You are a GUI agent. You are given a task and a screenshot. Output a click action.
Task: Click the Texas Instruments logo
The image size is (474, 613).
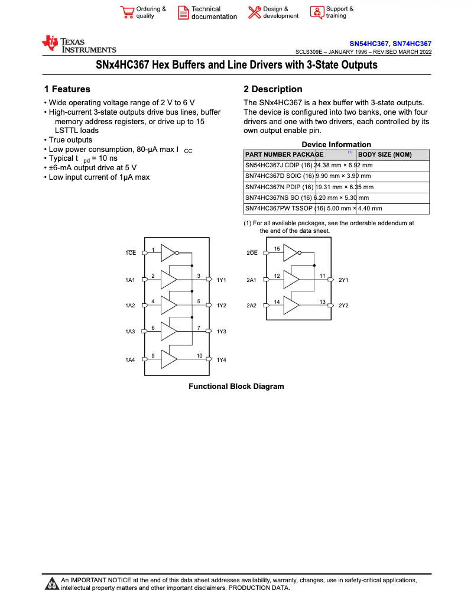pyautogui.click(x=79, y=44)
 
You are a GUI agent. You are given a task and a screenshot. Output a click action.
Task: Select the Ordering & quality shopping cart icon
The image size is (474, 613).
pyautogui.click(x=126, y=12)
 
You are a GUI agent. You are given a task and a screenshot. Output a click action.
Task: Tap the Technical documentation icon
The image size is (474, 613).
pyautogui.click(x=183, y=12)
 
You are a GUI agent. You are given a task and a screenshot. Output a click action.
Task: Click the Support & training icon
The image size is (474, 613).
pyautogui.click(x=317, y=12)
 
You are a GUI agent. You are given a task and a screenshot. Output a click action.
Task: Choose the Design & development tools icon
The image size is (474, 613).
pyautogui.click(x=254, y=12)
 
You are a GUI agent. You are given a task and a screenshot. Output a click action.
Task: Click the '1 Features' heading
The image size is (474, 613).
pyautogui.click(x=67, y=89)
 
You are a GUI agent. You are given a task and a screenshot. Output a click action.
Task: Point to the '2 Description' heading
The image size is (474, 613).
pyautogui.click(x=272, y=89)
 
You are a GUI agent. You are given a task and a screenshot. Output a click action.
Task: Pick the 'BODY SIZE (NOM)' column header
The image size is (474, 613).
pyautogui.click(x=385, y=155)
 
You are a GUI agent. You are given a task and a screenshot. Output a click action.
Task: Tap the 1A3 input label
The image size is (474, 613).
pyautogui.click(x=130, y=332)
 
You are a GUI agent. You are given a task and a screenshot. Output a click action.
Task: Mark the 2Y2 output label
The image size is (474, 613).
pyautogui.click(x=343, y=306)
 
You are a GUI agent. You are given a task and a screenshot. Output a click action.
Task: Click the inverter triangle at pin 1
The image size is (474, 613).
pyautogui.click(x=168, y=253)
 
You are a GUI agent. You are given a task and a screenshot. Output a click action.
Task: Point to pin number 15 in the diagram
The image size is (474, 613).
pyautogui.click(x=277, y=249)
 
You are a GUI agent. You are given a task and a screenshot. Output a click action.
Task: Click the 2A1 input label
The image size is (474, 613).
pyautogui.click(x=251, y=280)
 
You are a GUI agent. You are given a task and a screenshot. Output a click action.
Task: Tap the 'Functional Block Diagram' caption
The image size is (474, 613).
pyautogui.click(x=236, y=387)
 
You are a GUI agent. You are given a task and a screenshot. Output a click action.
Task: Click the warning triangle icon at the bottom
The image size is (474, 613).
pyautogui.click(x=51, y=584)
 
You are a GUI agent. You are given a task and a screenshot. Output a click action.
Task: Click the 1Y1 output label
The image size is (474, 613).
pyautogui.click(x=222, y=280)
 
